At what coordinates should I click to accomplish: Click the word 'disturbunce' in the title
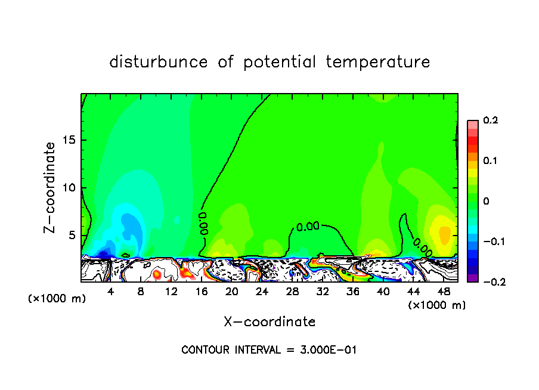tap(158, 62)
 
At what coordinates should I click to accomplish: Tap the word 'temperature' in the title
tap(378, 62)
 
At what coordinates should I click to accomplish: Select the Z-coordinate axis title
tap(51, 187)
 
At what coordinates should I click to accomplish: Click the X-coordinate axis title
tap(269, 322)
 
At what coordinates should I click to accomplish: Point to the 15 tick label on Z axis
tap(67, 140)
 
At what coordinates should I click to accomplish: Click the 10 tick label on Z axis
tap(67, 188)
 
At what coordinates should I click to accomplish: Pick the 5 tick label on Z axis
tap(71, 235)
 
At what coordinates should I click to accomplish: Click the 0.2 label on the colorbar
tap(490, 120)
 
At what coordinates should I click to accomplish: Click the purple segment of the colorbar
tap(473, 277)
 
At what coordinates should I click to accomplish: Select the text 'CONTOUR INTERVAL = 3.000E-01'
tap(269, 349)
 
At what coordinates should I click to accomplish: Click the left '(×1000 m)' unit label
tap(57, 299)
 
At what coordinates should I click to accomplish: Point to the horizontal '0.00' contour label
tap(308, 227)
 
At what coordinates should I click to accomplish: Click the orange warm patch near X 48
tap(445, 233)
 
